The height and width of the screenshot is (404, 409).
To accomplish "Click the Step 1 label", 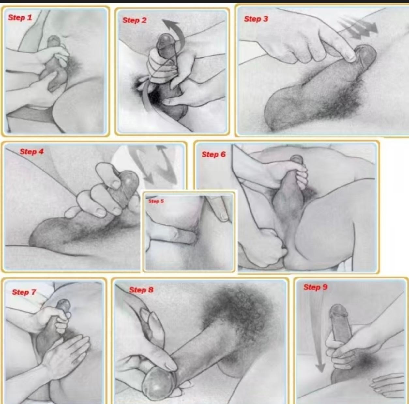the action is [x=20, y=17].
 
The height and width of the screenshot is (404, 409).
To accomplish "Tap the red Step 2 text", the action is [x=134, y=20].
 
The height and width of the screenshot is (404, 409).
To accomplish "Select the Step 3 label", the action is [x=256, y=19].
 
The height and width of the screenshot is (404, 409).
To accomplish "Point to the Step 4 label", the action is [x=32, y=152].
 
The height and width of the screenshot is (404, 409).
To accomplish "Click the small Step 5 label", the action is [x=156, y=201].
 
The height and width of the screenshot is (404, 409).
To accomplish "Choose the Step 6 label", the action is [x=214, y=154].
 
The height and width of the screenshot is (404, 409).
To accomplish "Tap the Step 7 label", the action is [x=24, y=292].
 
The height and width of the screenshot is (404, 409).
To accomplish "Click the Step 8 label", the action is [x=141, y=290].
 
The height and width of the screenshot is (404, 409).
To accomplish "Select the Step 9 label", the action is [x=315, y=287].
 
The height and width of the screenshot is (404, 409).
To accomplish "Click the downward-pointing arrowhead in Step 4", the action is [x=149, y=178].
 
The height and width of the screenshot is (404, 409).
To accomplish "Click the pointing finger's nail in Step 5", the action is [x=223, y=216].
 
